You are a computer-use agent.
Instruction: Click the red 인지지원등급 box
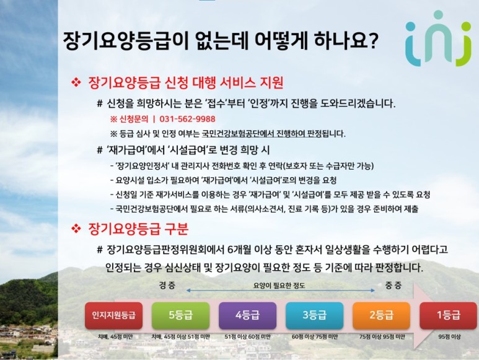pyautogui.click(x=113, y=315)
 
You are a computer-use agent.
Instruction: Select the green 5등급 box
pyautogui.click(x=180, y=315)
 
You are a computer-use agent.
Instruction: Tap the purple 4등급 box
pyautogui.click(x=247, y=315)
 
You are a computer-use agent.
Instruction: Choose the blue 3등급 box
pyautogui.click(x=314, y=315)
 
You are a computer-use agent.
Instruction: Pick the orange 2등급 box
pyautogui.click(x=381, y=315)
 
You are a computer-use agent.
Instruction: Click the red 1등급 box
pyautogui.click(x=448, y=315)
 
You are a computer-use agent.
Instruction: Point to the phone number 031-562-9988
pyautogui.click(x=187, y=119)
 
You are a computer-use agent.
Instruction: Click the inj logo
pyautogui.click(x=438, y=38)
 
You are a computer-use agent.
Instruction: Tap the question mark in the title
pyautogui.click(x=373, y=40)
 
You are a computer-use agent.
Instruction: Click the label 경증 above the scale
pyautogui.click(x=167, y=286)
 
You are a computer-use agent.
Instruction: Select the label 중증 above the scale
pyautogui.click(x=393, y=286)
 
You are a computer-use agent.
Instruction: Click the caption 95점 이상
pyautogui.click(x=449, y=337)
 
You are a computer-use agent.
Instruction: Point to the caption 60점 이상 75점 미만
pyautogui.click(x=315, y=337)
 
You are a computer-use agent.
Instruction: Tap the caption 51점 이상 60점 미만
pyautogui.click(x=247, y=337)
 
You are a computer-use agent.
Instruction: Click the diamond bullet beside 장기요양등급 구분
pyautogui.click(x=76, y=229)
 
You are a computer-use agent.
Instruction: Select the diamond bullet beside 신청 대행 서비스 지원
pyautogui.click(x=76, y=82)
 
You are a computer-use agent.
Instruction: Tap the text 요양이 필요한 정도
pyautogui.click(x=279, y=286)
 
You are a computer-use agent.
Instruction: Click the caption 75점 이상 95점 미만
pyautogui.click(x=382, y=337)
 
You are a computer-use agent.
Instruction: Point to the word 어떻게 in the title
pyautogui.click(x=281, y=40)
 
